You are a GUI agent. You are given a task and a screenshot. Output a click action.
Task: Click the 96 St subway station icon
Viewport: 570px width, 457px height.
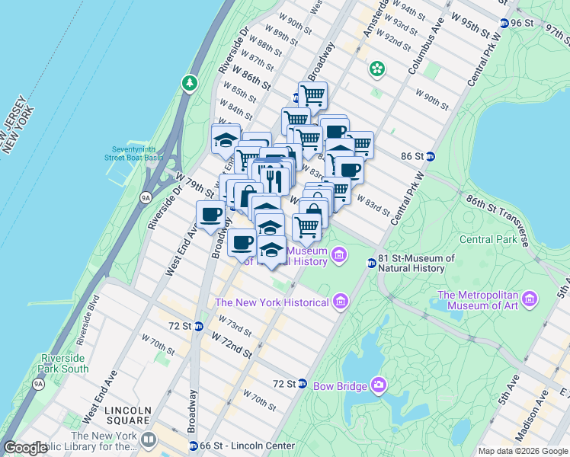pyautogui.click(x=504, y=23)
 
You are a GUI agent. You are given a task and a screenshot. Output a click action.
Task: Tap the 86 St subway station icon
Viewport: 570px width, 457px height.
pyautogui.click(x=430, y=156)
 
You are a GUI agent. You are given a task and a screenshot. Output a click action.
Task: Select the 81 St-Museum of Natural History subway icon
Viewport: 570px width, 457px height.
pyautogui.click(x=371, y=264)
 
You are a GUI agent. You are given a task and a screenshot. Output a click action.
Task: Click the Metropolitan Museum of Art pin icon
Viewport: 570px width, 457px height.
pyautogui.click(x=530, y=296)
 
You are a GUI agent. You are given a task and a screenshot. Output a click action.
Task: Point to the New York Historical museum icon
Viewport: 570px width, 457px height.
pyautogui.click(x=341, y=302)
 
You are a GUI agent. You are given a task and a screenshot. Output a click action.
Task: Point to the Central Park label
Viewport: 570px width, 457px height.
pyautogui.click(x=487, y=240)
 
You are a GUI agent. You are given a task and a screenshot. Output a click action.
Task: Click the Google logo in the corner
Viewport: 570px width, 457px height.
pyautogui.click(x=25, y=448)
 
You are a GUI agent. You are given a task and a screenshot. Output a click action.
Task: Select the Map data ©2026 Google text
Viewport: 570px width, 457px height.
pyautogui.click(x=522, y=451)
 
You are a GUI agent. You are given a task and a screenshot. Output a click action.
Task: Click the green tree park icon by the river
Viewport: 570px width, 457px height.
pyautogui.click(x=189, y=82)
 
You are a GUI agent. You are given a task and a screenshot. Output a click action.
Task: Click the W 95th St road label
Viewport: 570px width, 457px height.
pyautogui.click(x=469, y=24)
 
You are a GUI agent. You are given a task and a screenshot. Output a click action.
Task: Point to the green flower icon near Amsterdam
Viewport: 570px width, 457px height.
pyautogui.click(x=376, y=69)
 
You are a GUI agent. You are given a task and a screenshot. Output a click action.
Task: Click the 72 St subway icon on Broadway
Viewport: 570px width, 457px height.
pyautogui.click(x=198, y=326)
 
